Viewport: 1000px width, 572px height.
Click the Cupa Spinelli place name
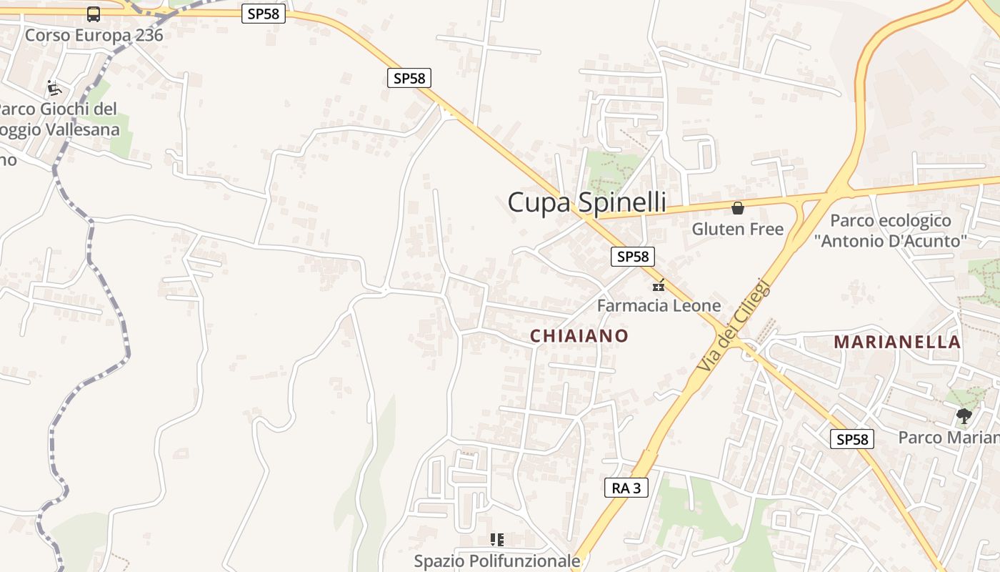click(586, 202)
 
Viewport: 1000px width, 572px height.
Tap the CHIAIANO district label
click(579, 335)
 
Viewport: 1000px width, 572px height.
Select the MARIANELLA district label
click(897, 342)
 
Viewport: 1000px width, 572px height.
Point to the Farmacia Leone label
click(659, 306)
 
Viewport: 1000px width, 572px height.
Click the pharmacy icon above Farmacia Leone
click(659, 285)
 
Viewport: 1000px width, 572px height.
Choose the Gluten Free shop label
click(737, 230)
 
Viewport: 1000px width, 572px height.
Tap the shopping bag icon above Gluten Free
click(737, 208)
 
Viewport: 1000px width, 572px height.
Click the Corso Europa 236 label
click(94, 35)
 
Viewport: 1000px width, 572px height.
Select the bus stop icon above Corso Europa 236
click(94, 14)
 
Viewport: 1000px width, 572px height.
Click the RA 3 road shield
click(626, 488)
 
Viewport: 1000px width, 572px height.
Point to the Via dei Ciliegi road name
click(734, 325)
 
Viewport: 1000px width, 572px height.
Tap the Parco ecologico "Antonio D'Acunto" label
click(890, 231)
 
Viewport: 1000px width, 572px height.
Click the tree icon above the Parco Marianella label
click(964, 415)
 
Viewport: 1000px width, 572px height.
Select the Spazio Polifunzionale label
click(497, 561)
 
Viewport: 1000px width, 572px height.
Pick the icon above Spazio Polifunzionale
click(497, 540)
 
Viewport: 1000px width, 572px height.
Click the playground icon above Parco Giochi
click(54, 88)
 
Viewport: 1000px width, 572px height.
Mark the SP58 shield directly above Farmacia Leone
click(632, 257)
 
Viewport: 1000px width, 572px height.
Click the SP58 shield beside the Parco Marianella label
click(852, 439)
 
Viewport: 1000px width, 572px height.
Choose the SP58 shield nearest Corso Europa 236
click(264, 14)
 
